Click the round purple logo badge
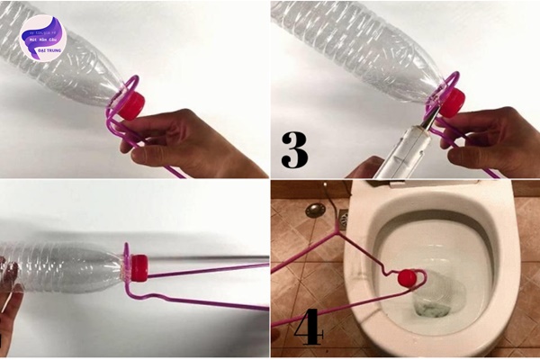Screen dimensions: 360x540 (x=43, y=38)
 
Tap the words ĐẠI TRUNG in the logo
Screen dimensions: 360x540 (x=43, y=52)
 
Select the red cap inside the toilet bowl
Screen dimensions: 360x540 (x=407, y=276)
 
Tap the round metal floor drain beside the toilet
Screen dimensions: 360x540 (x=314, y=210)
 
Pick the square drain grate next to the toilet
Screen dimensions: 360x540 (x=343, y=215)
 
